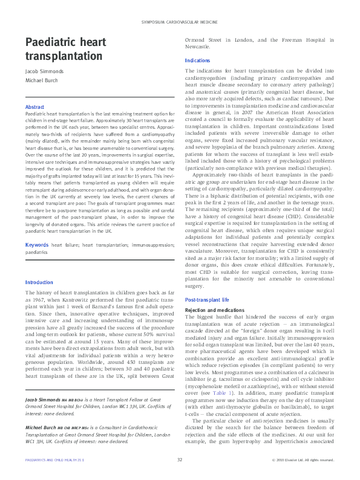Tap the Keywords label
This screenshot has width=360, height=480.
tap(36, 261)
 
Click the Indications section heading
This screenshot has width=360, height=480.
tap(197, 61)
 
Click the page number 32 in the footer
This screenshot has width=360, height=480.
tap(180, 460)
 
